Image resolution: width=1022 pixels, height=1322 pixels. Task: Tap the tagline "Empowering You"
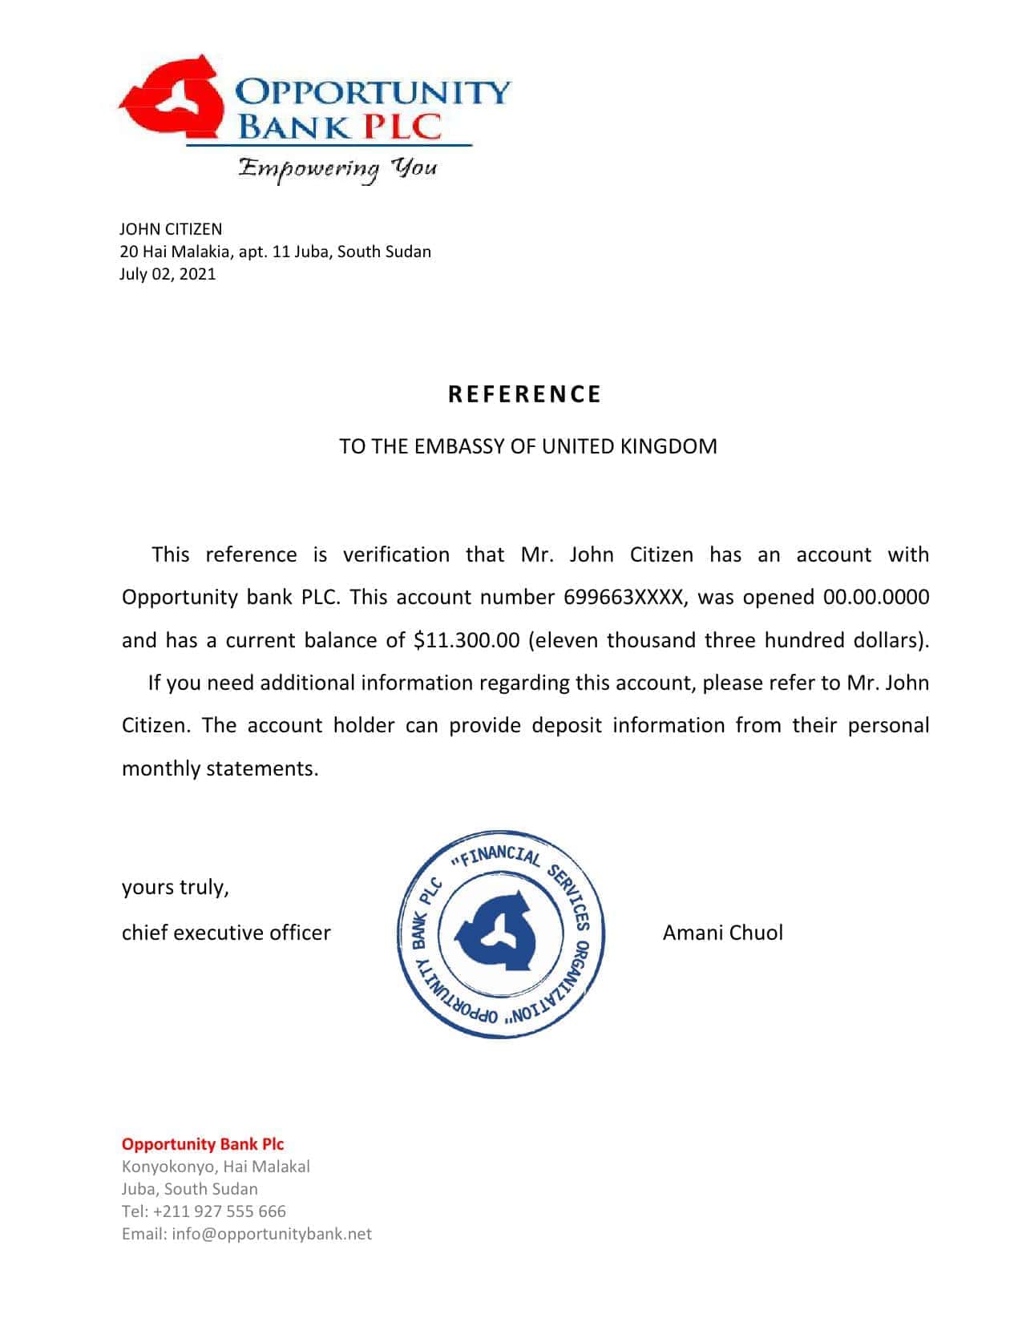click(x=337, y=168)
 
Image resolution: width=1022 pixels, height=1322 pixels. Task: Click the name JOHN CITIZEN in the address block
click(x=171, y=229)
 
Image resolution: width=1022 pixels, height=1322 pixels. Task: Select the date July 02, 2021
click(x=168, y=274)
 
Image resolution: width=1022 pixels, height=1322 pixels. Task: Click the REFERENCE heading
click(x=524, y=394)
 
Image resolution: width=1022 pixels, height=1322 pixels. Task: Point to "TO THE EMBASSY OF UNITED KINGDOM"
click(x=527, y=446)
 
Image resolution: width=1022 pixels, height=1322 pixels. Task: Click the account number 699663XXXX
click(x=624, y=597)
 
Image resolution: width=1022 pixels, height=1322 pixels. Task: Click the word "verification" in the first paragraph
click(x=396, y=554)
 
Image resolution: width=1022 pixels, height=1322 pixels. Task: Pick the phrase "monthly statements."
click(x=220, y=768)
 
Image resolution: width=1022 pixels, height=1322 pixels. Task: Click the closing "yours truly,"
click(x=176, y=888)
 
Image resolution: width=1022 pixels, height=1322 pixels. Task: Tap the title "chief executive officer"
click(x=226, y=933)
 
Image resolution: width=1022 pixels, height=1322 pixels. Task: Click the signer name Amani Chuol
click(x=722, y=933)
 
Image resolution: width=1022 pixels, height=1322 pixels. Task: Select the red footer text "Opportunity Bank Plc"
click(x=203, y=1144)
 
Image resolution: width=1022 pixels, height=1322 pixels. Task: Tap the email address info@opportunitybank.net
click(x=272, y=1234)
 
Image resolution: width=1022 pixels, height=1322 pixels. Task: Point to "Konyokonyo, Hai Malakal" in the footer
click(x=216, y=1167)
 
